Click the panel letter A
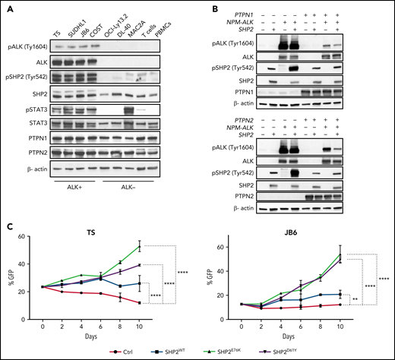7,6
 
